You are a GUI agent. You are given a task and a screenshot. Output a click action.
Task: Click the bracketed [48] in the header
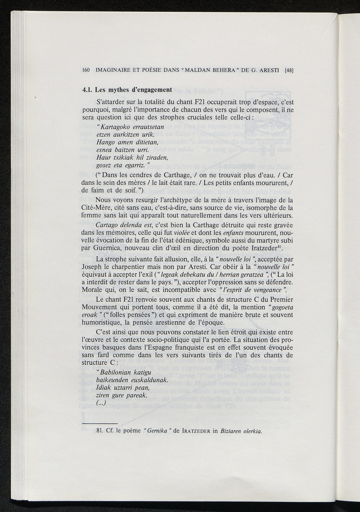289,70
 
